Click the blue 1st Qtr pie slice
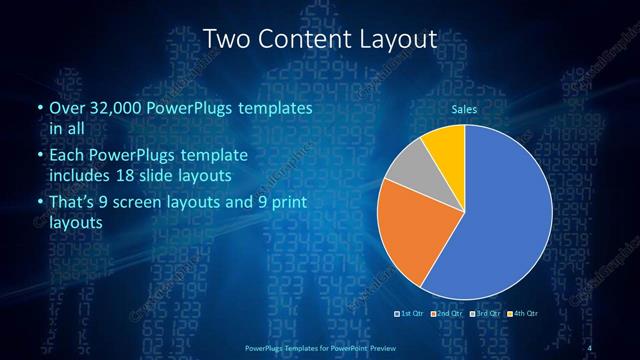click(x=500, y=220)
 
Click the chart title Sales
click(x=464, y=108)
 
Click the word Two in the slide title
click(x=226, y=39)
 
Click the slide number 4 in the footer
click(x=593, y=346)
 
